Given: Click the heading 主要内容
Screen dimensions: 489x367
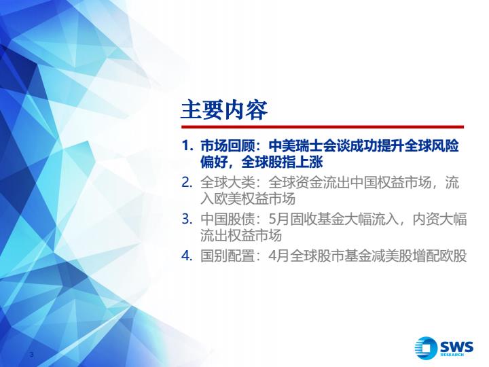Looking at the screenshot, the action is pyautogui.click(x=224, y=110).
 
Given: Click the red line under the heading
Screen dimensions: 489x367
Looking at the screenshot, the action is pyautogui.click(x=323, y=127).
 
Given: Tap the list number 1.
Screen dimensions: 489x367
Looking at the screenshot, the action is pyautogui.click(x=187, y=146).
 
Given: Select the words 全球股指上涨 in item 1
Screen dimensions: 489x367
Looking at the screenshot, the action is pyautogui.click(x=282, y=162).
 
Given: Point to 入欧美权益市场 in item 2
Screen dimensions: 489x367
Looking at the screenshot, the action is pyautogui.click(x=248, y=198).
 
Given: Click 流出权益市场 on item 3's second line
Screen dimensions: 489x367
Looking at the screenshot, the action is pyautogui.click(x=241, y=235).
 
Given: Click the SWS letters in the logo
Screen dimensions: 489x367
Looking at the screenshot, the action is pyautogui.click(x=456, y=347).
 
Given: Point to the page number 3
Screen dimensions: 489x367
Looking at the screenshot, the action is pyautogui.click(x=31, y=355).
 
